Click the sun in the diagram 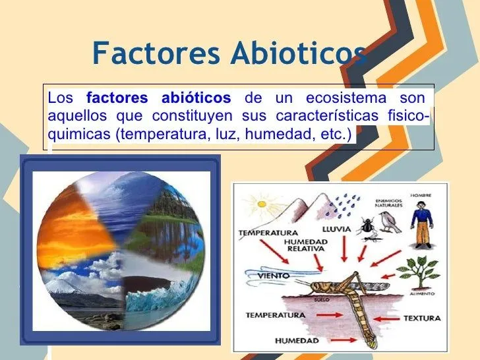coord(266,204)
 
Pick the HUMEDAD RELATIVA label coord(305,246)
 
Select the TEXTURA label coord(421,318)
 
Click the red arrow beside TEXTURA coord(386,318)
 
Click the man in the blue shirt coord(421,222)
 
